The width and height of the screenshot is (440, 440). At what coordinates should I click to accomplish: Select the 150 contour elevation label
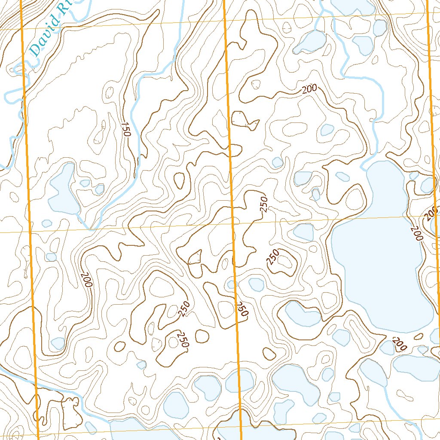pos(125,129)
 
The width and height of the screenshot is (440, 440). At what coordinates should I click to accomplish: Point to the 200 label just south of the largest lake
pos(400,344)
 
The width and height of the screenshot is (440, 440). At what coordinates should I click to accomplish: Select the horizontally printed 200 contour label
pos(309,89)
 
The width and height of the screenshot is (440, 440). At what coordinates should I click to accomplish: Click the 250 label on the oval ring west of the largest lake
pos(273,257)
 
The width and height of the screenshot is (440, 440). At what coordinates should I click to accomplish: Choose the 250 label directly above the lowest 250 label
pos(185,309)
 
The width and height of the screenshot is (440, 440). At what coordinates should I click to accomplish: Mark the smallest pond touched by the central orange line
pos(232,284)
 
